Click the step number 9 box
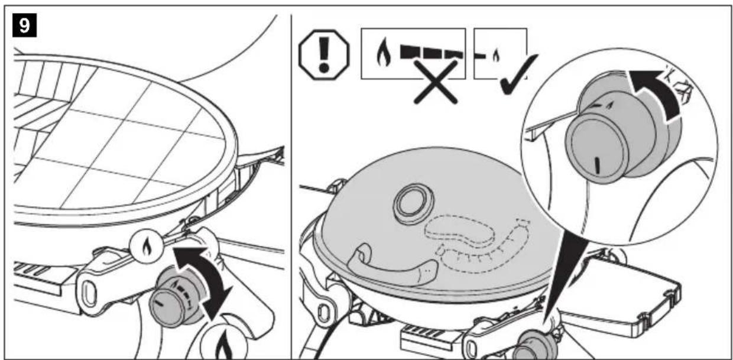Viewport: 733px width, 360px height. coord(25,25)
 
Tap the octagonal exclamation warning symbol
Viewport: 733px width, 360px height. coord(323,54)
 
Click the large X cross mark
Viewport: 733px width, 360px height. coord(436,82)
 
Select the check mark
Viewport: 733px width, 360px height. coord(518,74)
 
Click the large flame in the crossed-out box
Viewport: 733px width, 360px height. coord(384,53)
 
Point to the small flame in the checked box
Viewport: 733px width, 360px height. coord(497,55)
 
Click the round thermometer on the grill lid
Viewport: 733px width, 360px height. coord(413,204)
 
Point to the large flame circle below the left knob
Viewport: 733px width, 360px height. coord(225,343)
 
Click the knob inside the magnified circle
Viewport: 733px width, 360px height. coord(615,138)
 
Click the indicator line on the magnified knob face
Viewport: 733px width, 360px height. coord(597,165)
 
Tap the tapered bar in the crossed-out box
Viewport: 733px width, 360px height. coord(432,53)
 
